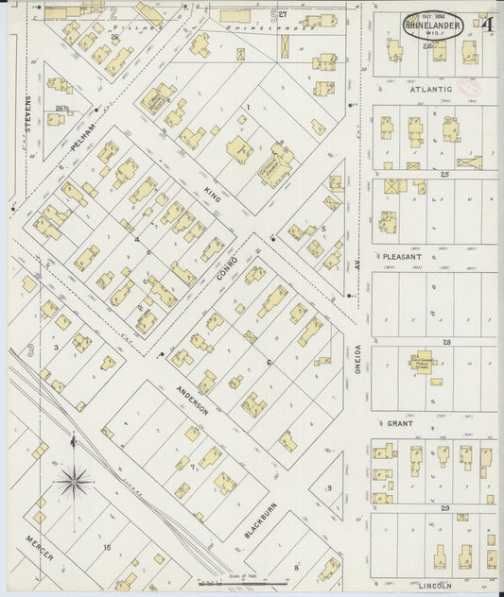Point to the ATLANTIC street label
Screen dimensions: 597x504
pyautogui.click(x=431, y=90)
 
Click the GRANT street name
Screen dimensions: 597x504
pyautogui.click(x=402, y=424)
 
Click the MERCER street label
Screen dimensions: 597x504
pyautogui.click(x=39, y=556)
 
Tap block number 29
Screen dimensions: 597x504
pyautogui.click(x=444, y=508)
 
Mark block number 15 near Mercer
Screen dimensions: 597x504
pyautogui.click(x=107, y=547)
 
